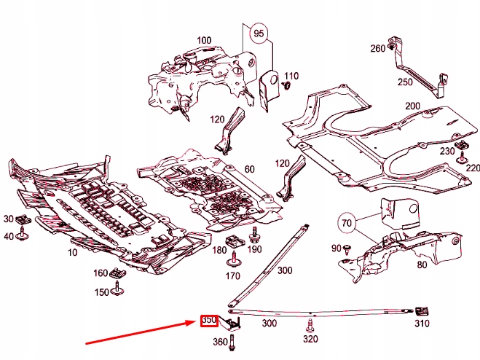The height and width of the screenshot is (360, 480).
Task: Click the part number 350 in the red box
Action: (209, 321)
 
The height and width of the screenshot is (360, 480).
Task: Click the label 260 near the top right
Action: (378, 49)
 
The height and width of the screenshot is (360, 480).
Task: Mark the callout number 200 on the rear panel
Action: (413, 106)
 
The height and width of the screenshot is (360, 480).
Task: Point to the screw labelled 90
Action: (349, 249)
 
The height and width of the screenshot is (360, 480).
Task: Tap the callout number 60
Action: (249, 169)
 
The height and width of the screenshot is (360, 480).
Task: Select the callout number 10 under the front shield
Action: (72, 251)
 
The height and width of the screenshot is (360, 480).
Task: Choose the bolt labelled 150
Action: (117, 291)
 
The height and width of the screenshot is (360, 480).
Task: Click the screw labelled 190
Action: (254, 235)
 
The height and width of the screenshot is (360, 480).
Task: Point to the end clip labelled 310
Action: (421, 309)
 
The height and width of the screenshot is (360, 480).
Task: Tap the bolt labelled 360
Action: (229, 340)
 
